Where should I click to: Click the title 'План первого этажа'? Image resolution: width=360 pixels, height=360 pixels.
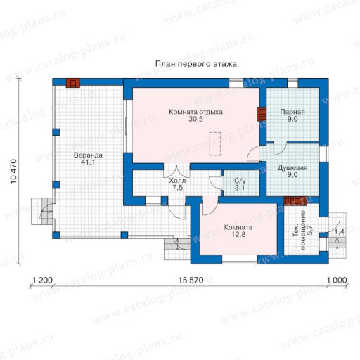click(196, 64)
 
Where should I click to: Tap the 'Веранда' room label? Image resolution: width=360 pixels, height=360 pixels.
click(88, 155)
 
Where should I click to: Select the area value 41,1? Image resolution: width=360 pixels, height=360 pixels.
click(88, 162)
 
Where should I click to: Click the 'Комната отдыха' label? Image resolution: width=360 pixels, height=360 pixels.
click(195, 112)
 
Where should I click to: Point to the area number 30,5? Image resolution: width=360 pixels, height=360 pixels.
click(195, 119)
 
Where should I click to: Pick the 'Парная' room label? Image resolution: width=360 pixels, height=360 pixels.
click(292, 112)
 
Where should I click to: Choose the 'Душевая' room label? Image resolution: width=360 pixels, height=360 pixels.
click(292, 168)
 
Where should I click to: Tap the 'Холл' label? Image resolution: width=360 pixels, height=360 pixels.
click(177, 181)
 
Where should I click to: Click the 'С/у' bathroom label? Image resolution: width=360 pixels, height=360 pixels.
click(240, 181)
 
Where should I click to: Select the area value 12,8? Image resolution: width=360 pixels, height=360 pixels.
click(238, 234)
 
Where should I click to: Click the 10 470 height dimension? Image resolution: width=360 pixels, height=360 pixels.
click(13, 172)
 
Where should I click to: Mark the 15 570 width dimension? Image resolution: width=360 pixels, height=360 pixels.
click(191, 280)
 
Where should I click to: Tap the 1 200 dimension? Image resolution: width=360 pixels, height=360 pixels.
click(42, 280)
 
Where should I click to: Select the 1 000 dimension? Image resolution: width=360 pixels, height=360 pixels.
click(337, 280)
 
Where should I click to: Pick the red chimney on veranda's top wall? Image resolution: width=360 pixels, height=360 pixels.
click(73, 83)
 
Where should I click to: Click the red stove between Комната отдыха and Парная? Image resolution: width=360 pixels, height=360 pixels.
click(262, 114)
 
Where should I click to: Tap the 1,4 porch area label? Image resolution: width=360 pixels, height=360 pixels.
click(340, 232)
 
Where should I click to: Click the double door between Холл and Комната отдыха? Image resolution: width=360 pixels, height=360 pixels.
click(176, 171)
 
